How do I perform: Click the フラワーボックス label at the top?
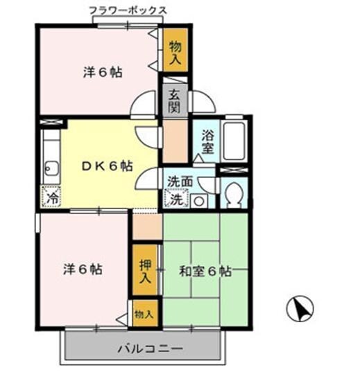pyautogui.click(x=128, y=10)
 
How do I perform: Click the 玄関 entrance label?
pyautogui.click(x=173, y=101)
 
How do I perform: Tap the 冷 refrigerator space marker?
pyautogui.click(x=51, y=196)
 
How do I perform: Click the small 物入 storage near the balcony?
pyautogui.click(x=144, y=314)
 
